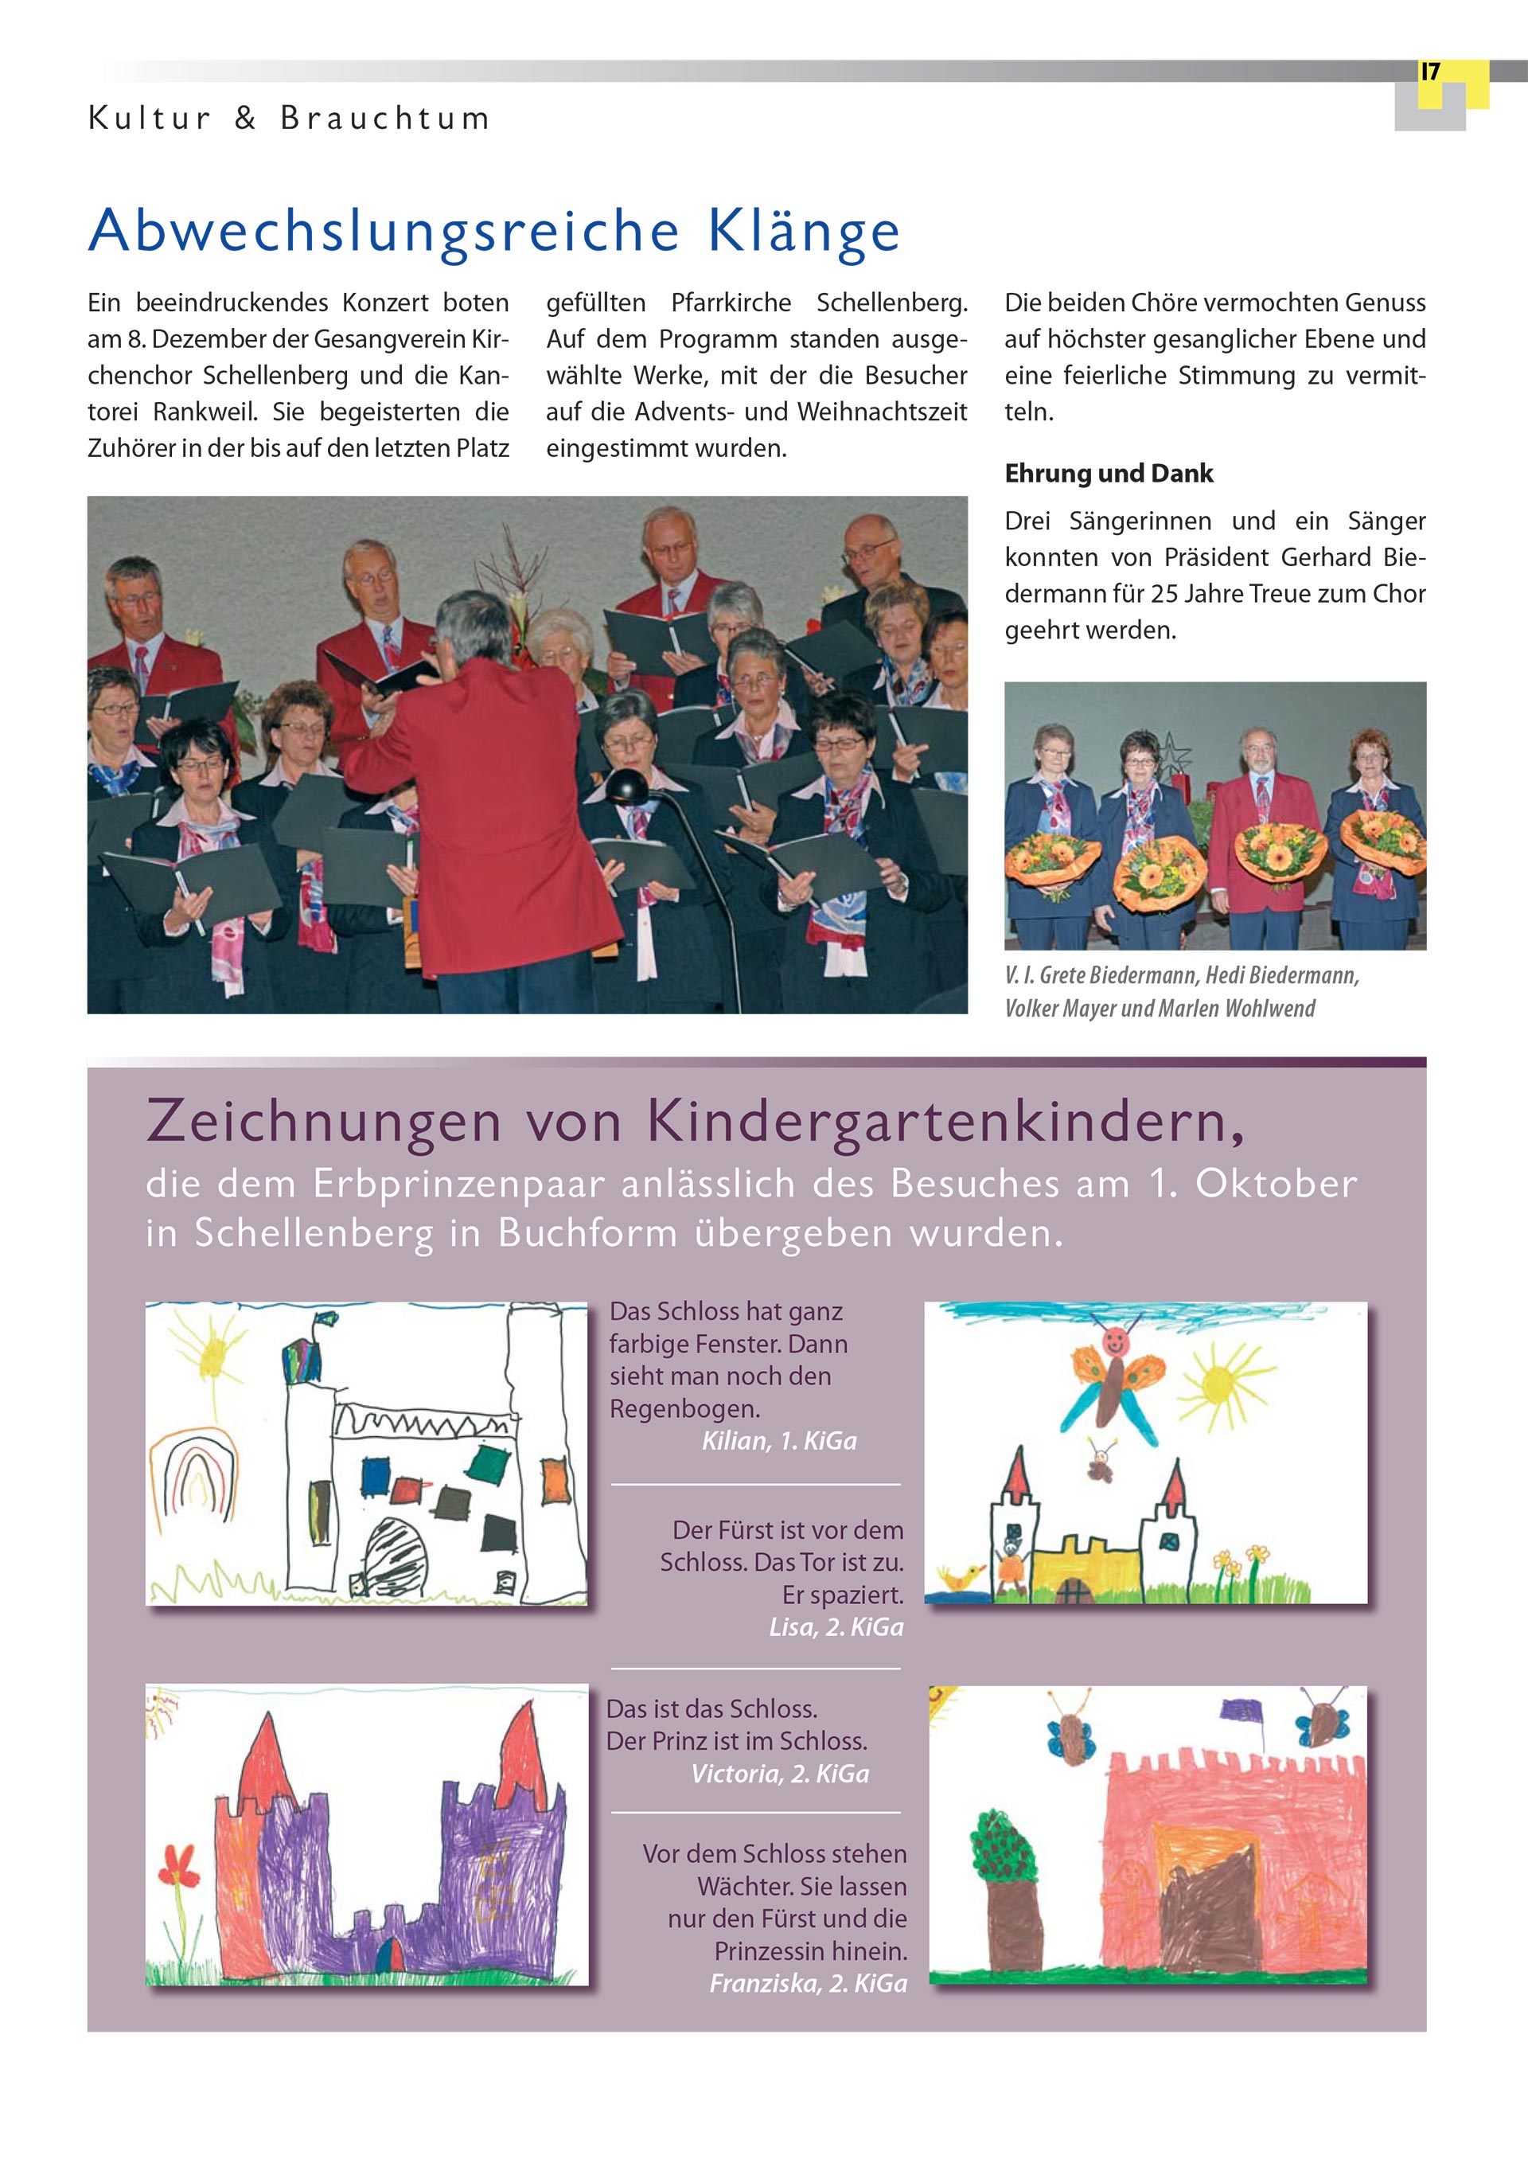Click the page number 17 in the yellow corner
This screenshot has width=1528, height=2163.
[1430, 72]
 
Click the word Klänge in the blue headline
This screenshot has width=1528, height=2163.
[804, 232]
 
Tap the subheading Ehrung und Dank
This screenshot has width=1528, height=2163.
[1108, 473]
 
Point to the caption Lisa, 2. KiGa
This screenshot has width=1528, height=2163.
[836, 1627]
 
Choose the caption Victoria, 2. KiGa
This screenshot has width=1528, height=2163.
[780, 1774]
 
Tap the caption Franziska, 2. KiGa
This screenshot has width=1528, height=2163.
[807, 1983]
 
